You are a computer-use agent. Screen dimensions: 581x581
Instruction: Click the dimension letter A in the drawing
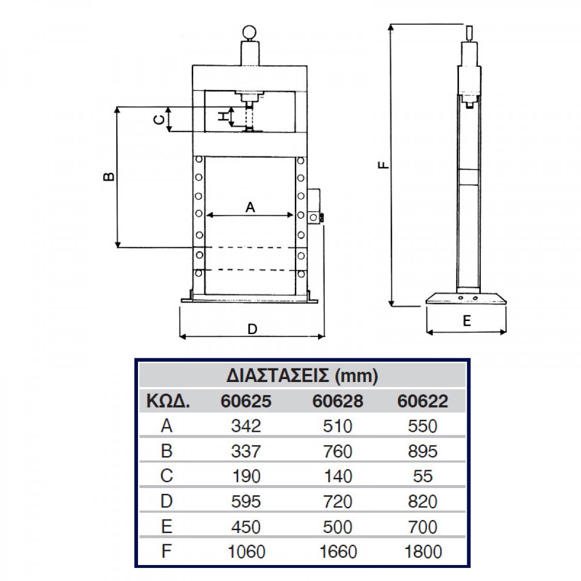[250, 207]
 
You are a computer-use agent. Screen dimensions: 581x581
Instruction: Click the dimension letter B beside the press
[109, 176]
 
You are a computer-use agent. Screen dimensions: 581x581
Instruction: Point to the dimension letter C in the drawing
[159, 120]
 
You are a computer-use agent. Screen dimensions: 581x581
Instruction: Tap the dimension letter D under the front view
[252, 329]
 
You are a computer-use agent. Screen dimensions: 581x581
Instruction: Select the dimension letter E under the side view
[466, 321]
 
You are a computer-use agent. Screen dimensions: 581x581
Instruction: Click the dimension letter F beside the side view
[383, 165]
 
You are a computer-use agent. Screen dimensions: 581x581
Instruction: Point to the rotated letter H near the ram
[223, 116]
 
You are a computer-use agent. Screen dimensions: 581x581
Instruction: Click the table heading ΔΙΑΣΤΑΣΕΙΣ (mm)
[302, 376]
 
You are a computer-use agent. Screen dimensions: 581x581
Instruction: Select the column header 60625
[246, 401]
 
